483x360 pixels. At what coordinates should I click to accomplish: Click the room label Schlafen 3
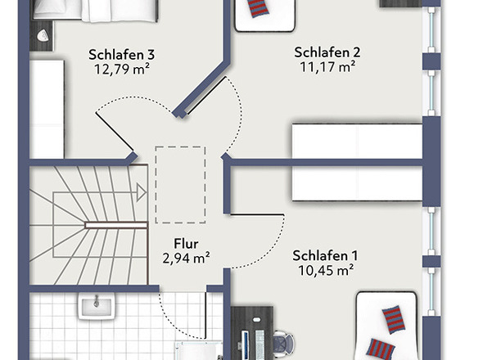point(121,55)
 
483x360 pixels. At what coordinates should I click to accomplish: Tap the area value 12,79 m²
point(122,70)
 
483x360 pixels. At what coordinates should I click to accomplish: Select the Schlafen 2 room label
point(327,52)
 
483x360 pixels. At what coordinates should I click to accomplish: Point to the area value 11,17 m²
point(327,67)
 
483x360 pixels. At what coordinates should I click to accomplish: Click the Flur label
point(186,244)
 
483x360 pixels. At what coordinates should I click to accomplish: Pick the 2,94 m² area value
point(186,258)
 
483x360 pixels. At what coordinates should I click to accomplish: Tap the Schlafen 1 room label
point(325,255)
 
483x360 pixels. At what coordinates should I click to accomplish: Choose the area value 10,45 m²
point(326,270)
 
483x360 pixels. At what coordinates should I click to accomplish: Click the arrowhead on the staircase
point(142,193)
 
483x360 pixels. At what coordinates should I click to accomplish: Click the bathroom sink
point(97,305)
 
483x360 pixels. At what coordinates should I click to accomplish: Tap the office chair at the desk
point(283,344)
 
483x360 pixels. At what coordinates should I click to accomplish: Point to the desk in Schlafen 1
point(251,333)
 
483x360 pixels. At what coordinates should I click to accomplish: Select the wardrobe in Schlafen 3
point(47,110)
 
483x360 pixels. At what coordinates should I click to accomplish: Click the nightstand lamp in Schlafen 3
point(43,36)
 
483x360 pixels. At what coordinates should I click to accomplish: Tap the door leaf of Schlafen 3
point(115,132)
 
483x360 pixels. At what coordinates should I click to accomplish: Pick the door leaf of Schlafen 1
point(257,214)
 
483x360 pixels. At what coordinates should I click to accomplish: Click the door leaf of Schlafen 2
point(206,96)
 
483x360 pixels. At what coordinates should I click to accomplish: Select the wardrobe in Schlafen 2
point(357,142)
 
